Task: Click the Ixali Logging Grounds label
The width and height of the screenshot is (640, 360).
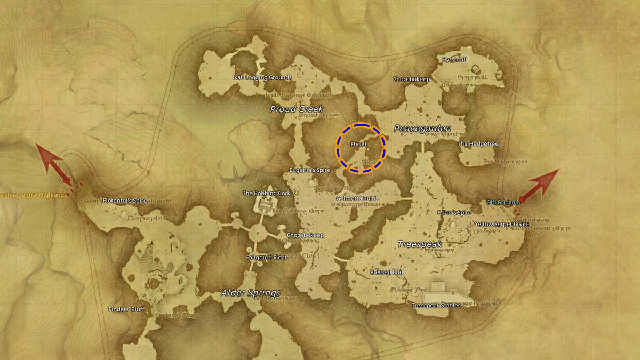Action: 262,77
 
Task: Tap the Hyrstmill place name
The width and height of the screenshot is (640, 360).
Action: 454,59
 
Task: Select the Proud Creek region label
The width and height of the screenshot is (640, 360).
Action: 297,109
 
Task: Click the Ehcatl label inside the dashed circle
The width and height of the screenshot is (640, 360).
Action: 358,144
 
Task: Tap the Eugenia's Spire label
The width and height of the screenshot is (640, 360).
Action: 309,170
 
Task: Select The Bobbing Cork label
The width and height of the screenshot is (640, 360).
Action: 266,193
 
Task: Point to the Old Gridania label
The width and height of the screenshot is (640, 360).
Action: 503,202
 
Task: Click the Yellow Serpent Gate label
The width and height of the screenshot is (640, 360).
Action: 502,224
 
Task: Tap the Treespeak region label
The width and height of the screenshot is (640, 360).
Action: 420,244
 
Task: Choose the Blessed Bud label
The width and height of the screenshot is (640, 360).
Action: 387,272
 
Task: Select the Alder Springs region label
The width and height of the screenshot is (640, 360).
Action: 251,293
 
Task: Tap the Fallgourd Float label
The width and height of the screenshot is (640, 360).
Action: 266,257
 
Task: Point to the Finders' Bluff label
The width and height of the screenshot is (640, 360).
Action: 126,309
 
